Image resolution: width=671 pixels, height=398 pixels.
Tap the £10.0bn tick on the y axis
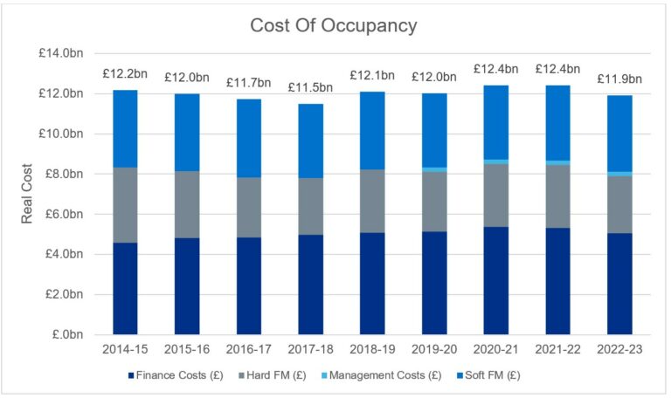[62, 134]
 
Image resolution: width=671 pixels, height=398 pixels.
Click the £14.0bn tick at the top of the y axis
[62, 53]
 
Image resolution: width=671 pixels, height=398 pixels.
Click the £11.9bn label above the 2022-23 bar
[619, 79]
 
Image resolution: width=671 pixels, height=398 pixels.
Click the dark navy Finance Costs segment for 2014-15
[126, 288]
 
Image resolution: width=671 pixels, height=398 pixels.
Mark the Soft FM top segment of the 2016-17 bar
[249, 138]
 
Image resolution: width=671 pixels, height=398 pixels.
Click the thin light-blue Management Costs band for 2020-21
[496, 161]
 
